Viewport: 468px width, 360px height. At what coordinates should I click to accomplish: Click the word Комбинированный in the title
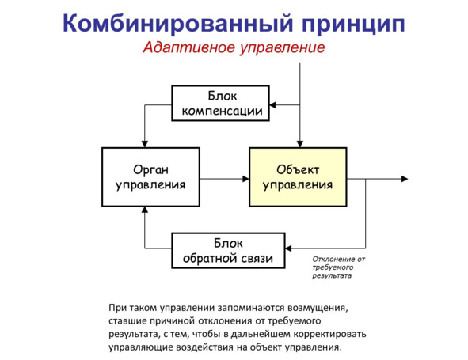click(178, 24)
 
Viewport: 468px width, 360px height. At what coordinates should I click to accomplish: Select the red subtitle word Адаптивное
click(189, 47)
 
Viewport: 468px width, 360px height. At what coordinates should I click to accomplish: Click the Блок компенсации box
click(221, 103)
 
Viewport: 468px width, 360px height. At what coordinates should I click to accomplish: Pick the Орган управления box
click(150, 177)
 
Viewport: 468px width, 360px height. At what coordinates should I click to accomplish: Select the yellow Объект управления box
click(298, 177)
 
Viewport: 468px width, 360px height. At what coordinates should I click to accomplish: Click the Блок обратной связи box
click(228, 251)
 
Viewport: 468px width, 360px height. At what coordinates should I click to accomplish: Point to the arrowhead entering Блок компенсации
click(272, 105)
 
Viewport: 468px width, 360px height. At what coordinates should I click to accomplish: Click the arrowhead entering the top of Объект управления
click(300, 144)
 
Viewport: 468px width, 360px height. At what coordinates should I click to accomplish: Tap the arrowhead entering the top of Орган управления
click(145, 144)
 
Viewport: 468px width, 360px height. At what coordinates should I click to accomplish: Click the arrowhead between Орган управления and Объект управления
click(245, 179)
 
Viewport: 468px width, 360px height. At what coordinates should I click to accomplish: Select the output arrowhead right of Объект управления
click(405, 179)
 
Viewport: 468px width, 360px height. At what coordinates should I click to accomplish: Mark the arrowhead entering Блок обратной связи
click(288, 248)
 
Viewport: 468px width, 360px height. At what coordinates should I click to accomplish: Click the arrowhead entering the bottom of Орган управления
click(145, 210)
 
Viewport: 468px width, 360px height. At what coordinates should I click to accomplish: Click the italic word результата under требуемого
click(332, 275)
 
